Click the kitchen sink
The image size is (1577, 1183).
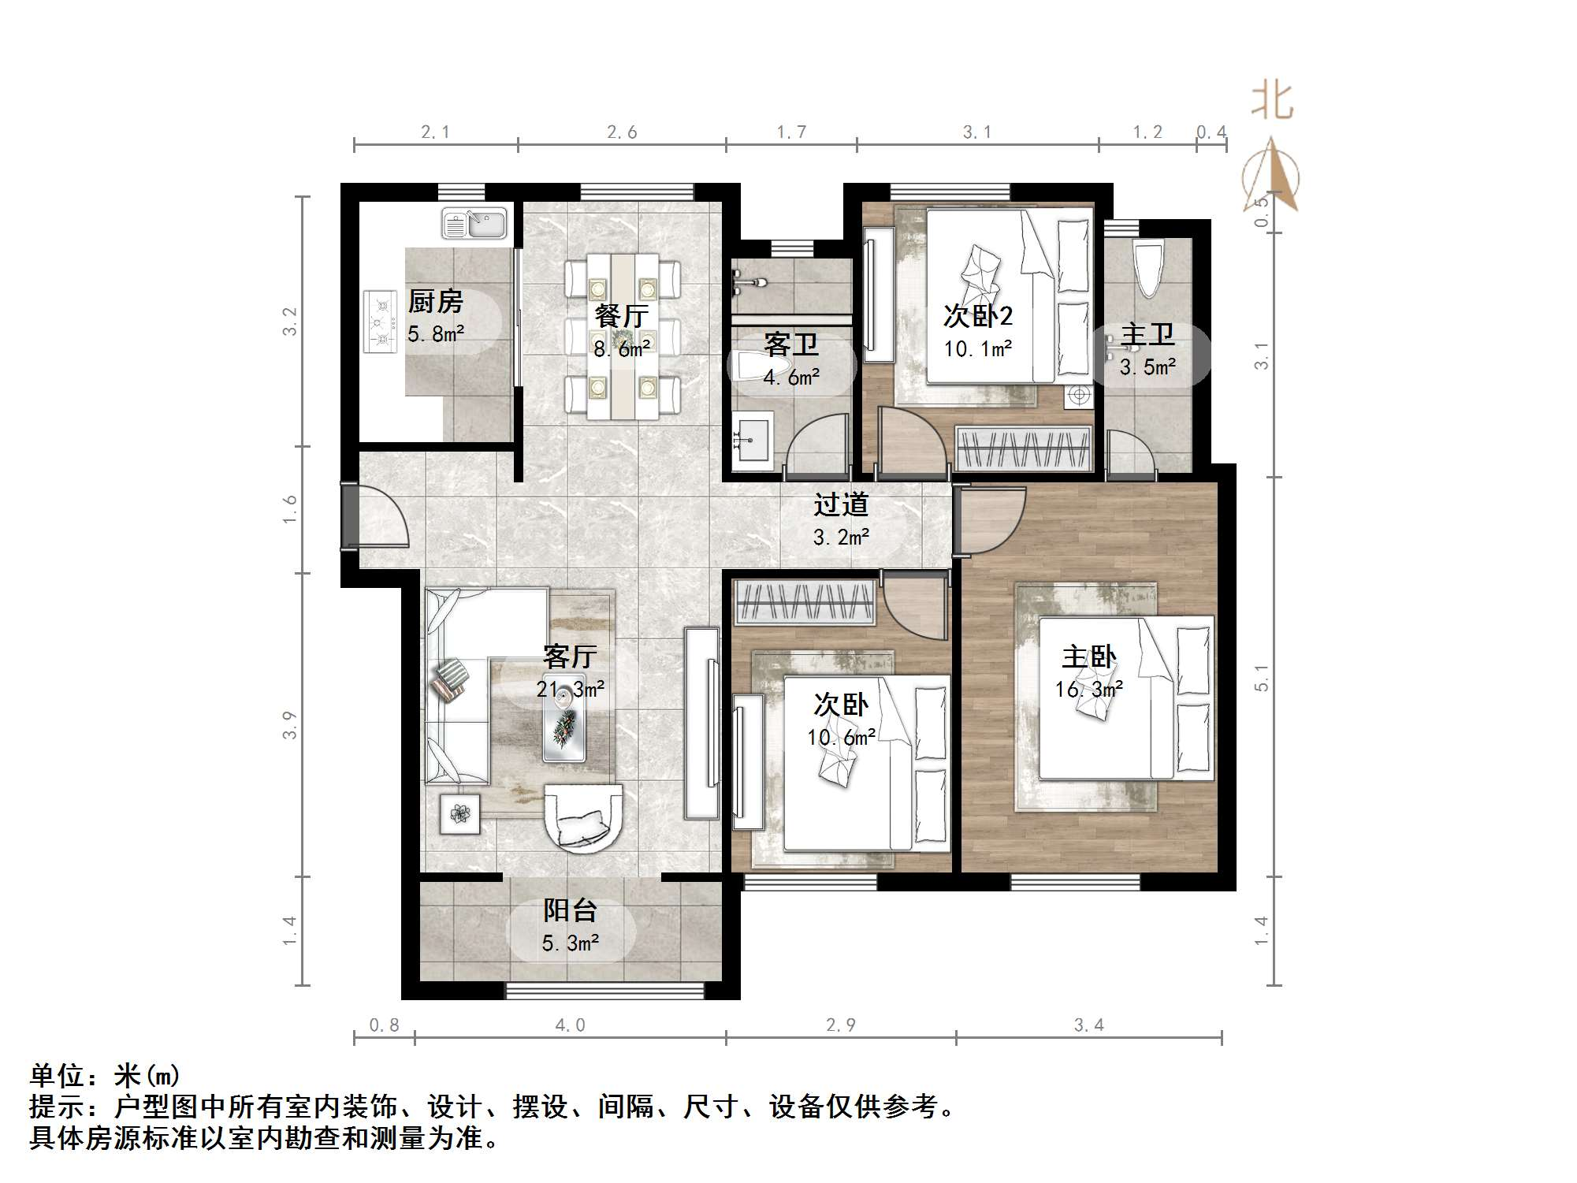[x=474, y=223]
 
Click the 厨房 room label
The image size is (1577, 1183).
[x=435, y=302]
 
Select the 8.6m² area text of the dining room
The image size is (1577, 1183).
[x=622, y=348]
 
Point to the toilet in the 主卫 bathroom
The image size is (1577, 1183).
[x=1147, y=268]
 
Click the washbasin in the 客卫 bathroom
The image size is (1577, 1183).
[x=753, y=441]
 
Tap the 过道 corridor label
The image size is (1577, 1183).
[x=841, y=504]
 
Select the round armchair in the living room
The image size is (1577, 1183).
[x=583, y=818]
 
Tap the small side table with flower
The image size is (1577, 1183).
[x=459, y=812]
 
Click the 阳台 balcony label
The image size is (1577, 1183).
[x=570, y=911]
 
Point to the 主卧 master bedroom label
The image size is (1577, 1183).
[x=1088, y=657]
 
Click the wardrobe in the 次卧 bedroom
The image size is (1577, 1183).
[x=805, y=603]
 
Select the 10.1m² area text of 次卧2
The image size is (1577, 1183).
[x=977, y=348]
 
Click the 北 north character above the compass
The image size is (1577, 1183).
[x=1272, y=100]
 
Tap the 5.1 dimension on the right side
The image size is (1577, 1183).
[x=1262, y=678]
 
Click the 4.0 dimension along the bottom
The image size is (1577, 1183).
[x=570, y=1025]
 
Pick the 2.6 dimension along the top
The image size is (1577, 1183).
[x=622, y=132]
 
